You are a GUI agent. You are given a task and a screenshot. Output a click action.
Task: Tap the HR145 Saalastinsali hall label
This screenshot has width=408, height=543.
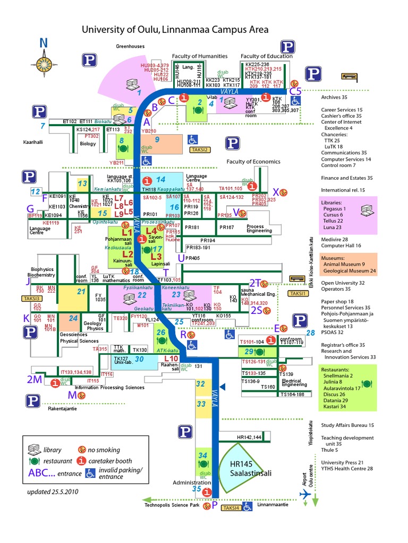click(x=244, y=468)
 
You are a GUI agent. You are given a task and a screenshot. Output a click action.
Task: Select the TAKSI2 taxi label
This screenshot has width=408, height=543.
click(x=200, y=150)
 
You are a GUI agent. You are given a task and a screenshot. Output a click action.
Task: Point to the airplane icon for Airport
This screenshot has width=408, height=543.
click(x=305, y=494)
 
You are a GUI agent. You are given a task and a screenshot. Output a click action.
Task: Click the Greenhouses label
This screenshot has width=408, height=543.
click(x=130, y=47)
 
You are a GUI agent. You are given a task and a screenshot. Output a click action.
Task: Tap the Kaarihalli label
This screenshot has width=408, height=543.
click(x=32, y=142)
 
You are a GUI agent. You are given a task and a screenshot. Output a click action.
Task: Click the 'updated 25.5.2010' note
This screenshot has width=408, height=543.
click(x=53, y=492)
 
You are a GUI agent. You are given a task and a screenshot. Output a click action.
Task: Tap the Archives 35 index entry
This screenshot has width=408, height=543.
click(x=334, y=98)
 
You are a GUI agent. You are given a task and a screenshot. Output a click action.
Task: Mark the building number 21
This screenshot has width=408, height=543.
click(x=81, y=291)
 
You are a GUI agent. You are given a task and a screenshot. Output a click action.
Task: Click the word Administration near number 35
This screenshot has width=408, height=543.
click(x=191, y=483)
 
